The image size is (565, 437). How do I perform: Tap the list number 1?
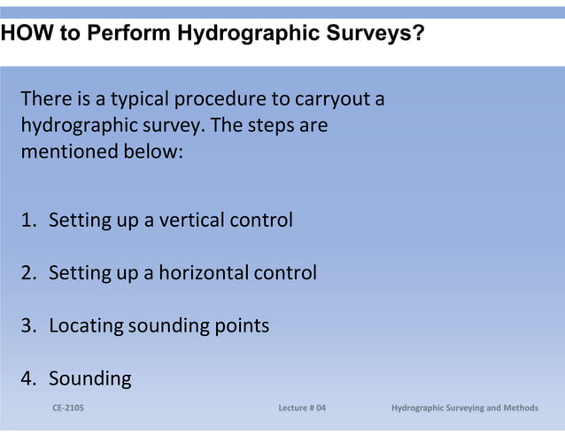(x=28, y=220)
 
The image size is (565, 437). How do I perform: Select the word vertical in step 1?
(x=192, y=220)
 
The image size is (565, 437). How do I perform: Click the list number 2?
(x=28, y=273)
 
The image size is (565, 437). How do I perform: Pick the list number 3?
(x=28, y=326)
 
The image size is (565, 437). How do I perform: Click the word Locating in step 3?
(x=86, y=326)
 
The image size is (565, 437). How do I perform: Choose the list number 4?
(x=28, y=379)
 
